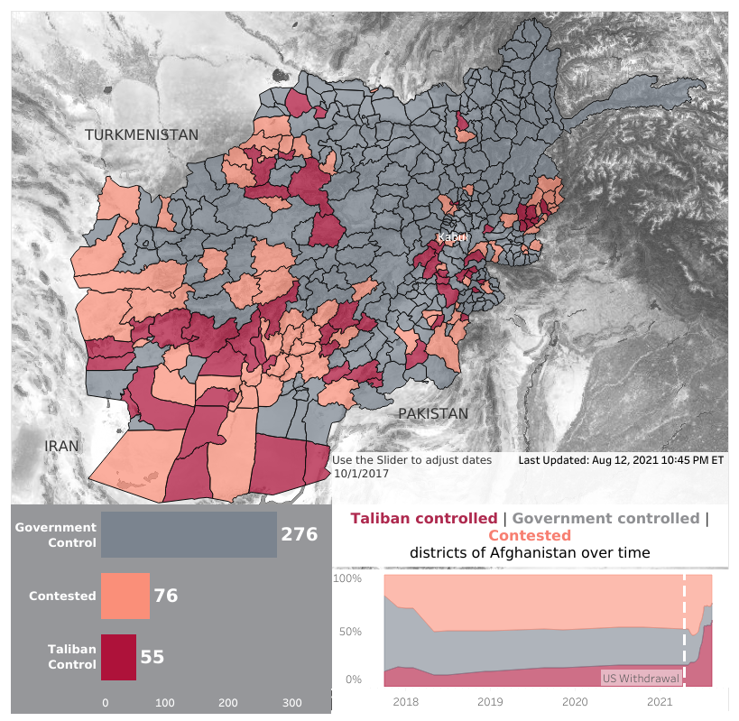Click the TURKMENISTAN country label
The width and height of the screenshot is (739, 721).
pos(142,134)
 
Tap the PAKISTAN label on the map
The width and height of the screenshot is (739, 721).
pos(433,413)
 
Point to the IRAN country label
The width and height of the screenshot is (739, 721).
pos(62,446)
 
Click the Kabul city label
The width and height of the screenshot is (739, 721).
pos(452,237)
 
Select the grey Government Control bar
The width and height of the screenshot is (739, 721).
pos(189,534)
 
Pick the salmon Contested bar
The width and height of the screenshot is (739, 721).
pos(125,596)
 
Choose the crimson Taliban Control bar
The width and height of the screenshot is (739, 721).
pos(118,657)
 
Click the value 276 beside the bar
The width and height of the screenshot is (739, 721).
pos(300,534)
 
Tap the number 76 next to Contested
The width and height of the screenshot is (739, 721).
pos(166,596)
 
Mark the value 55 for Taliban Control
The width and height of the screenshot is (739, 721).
pos(152,657)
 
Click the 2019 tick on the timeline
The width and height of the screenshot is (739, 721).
pos(490,701)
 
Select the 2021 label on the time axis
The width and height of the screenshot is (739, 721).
pos(660,701)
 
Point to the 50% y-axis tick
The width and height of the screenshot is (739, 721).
pos(349,631)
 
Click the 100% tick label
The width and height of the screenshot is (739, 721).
pos(347,578)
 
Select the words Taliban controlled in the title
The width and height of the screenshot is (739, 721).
pos(423,518)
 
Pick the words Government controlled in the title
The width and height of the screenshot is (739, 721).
pos(605,518)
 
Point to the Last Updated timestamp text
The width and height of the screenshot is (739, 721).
pos(621,460)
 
